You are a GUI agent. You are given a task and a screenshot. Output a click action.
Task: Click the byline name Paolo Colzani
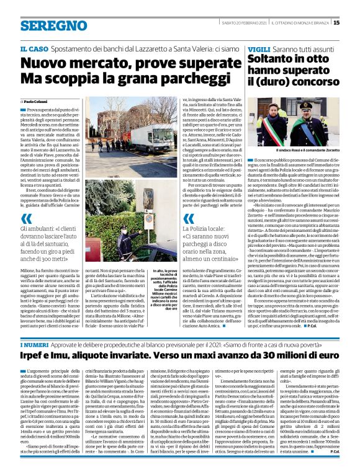[37, 100]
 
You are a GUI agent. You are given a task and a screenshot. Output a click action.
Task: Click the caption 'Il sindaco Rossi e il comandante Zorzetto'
[300, 151]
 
